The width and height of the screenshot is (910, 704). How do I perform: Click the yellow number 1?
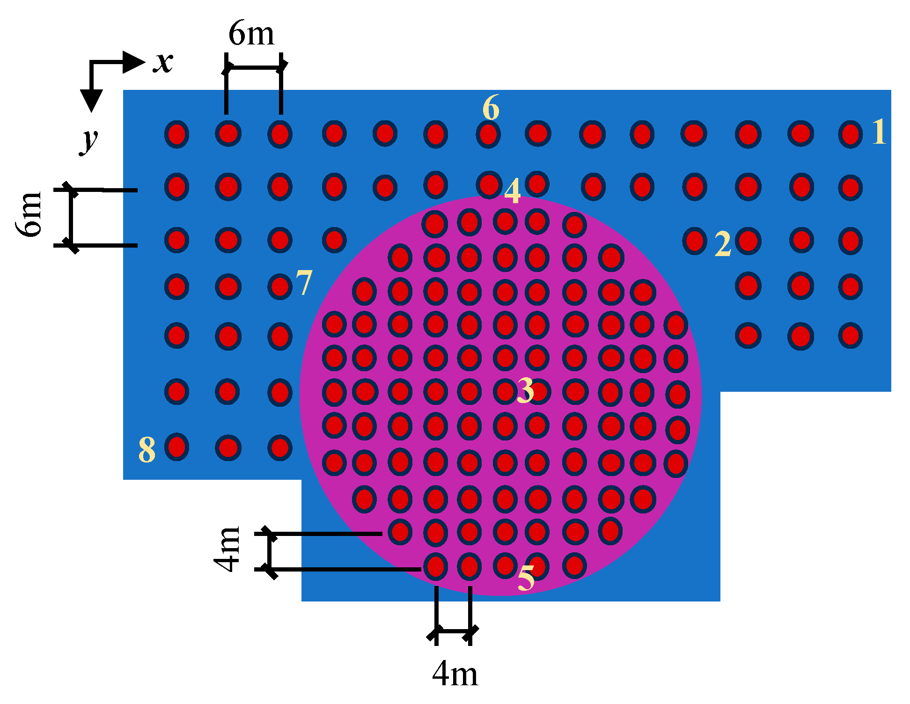point(879,132)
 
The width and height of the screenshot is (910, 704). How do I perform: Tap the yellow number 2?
point(723,244)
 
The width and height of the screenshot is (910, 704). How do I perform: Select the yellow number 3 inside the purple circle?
point(525,390)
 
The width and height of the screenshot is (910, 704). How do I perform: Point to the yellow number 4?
point(513,191)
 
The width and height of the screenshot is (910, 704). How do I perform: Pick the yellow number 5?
point(526,578)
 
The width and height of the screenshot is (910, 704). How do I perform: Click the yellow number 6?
point(491,108)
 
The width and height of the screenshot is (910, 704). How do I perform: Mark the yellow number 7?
point(304,283)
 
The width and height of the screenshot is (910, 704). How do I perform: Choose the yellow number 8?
point(147,450)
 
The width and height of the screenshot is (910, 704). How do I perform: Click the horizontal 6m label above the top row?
point(251,34)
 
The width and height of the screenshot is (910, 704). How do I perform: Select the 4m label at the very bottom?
point(455,675)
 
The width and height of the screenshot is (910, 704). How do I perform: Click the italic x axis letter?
point(163,62)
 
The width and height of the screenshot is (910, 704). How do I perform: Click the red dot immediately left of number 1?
point(850,134)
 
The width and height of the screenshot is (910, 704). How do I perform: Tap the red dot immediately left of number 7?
point(280,286)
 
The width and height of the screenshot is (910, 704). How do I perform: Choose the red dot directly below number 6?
point(488,135)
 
